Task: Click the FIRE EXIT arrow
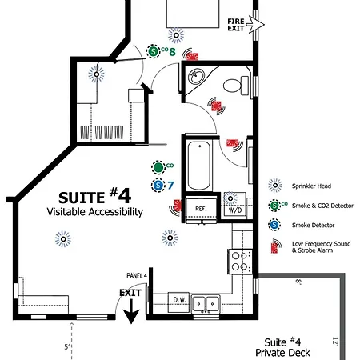pos(255,25)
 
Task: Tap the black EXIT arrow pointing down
pos(131,311)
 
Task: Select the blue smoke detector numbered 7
pos(158,185)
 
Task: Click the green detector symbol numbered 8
pos(153,51)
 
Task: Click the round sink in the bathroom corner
pos(196,77)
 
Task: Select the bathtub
pos(199,166)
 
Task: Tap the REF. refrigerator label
pos(201,209)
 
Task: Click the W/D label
pos(235,210)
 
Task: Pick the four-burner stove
pos(239,262)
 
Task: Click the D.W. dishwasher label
pos(179,300)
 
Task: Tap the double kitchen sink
pos(206,303)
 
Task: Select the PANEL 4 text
pos(137,275)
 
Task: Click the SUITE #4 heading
pos(94,196)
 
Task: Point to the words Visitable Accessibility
pos(95,212)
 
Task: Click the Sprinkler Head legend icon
pos(275,186)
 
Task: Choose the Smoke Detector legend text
pos(313,225)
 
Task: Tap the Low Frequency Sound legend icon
pos(276,246)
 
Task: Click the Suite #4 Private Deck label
pos(282,347)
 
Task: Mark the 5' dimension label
pos(67,347)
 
